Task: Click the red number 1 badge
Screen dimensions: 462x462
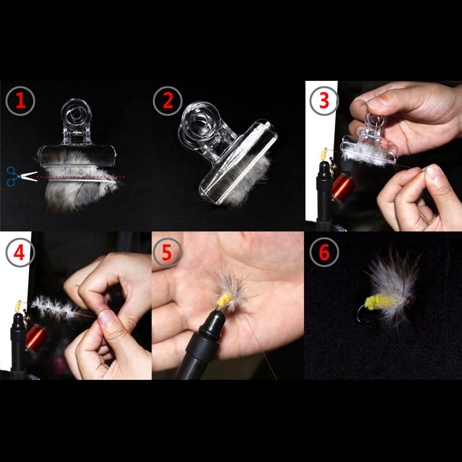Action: coord(20,101)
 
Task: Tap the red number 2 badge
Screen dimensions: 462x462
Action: coord(168,101)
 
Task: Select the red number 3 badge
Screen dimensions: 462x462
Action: coord(324,101)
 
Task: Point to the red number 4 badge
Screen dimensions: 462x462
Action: coord(20,253)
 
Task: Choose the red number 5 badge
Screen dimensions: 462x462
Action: coord(167,253)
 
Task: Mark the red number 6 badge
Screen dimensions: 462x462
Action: coord(324,253)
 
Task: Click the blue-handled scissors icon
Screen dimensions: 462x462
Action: coord(22,176)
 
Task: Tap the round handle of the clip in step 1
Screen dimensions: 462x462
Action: coord(76,113)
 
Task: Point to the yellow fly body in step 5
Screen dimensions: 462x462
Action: coord(224,300)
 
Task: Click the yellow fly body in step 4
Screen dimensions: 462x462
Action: coord(18,307)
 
